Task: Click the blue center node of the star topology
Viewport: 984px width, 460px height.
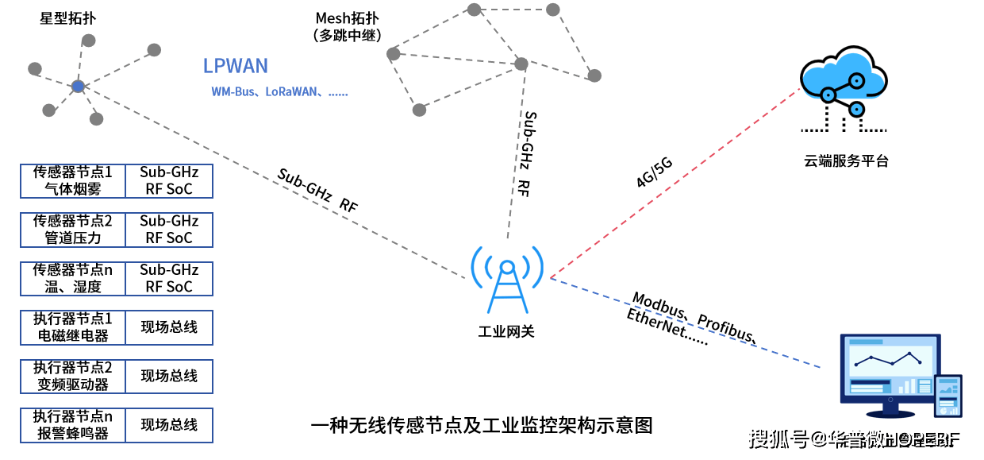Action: (x=77, y=86)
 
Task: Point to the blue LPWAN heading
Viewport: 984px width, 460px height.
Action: (x=235, y=66)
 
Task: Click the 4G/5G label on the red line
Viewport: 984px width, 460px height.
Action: (x=654, y=172)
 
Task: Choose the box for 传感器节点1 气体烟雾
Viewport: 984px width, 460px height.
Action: (x=73, y=180)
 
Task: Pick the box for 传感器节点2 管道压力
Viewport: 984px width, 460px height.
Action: (x=73, y=229)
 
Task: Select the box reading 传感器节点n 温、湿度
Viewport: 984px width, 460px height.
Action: (x=73, y=278)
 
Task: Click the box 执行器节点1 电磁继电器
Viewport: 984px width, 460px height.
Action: (x=73, y=327)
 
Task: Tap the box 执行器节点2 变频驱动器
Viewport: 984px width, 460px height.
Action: (x=73, y=376)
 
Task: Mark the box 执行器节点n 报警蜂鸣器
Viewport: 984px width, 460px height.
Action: (x=73, y=425)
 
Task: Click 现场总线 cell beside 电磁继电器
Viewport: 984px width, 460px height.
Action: (x=169, y=327)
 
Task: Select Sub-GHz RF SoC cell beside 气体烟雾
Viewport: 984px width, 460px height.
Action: (x=169, y=180)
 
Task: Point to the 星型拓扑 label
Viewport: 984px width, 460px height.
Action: (x=68, y=18)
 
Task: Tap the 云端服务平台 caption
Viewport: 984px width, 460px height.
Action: (x=846, y=161)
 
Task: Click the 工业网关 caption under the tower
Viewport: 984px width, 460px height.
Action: (x=506, y=331)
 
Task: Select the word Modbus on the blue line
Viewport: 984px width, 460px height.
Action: (x=659, y=307)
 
